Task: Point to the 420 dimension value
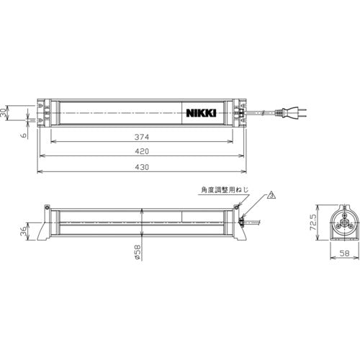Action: point(141,153)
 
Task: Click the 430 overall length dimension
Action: point(141,167)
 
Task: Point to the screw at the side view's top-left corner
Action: point(48,209)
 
